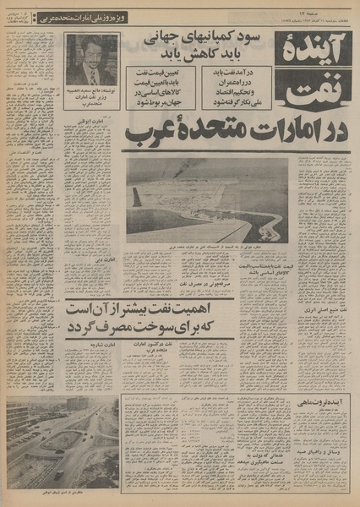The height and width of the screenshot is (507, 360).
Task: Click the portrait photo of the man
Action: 91,59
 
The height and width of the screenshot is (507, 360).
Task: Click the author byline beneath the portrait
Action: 90,98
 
